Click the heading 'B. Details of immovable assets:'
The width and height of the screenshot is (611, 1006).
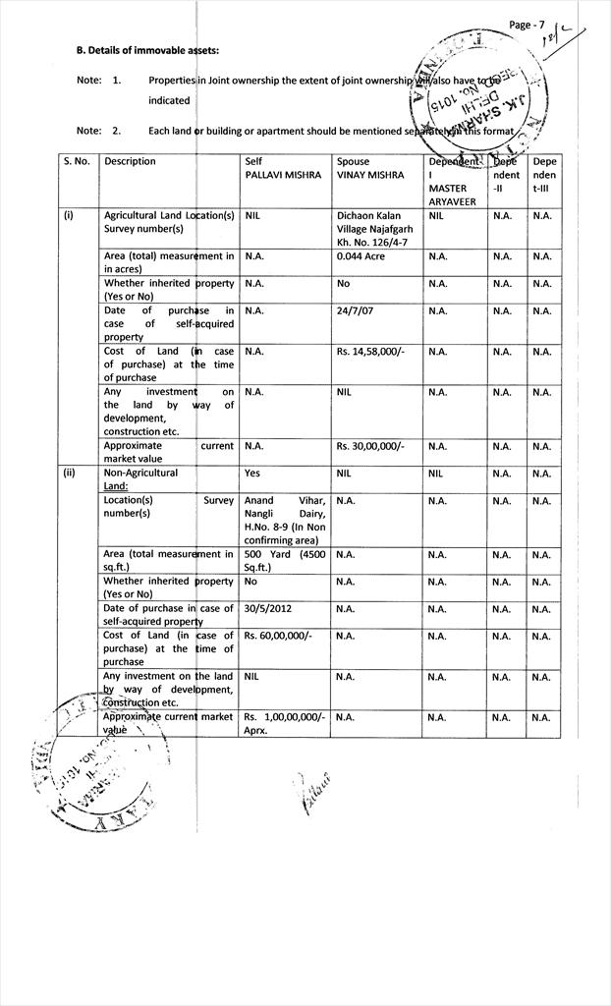pyautogui.click(x=147, y=50)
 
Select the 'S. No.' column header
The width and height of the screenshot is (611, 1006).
pyautogui.click(x=78, y=161)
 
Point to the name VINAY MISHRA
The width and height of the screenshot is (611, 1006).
pyautogui.click(x=369, y=175)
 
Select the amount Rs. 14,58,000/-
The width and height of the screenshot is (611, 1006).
pyautogui.click(x=370, y=352)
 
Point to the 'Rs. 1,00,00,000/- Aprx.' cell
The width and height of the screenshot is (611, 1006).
pyautogui.click(x=284, y=724)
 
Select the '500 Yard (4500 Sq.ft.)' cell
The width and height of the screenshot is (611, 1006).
pyautogui.click(x=284, y=561)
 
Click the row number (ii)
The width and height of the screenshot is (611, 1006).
pyautogui.click(x=70, y=473)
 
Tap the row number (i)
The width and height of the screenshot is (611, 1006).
pyautogui.click(x=69, y=214)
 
